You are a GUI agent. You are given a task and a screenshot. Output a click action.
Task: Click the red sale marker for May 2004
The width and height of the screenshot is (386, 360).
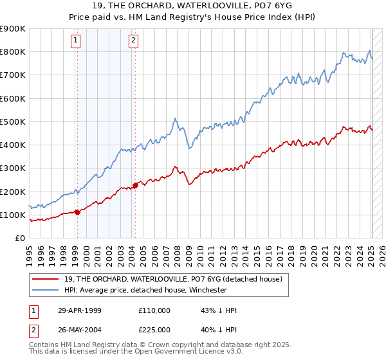pos(135,186)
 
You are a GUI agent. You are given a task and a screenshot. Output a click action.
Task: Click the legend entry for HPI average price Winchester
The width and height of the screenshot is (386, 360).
pos(145,290)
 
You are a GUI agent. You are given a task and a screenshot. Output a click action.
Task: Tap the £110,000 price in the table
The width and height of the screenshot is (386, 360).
pos(154,310)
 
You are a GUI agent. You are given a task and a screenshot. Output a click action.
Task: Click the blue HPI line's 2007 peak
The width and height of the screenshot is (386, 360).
pos(175,118)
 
